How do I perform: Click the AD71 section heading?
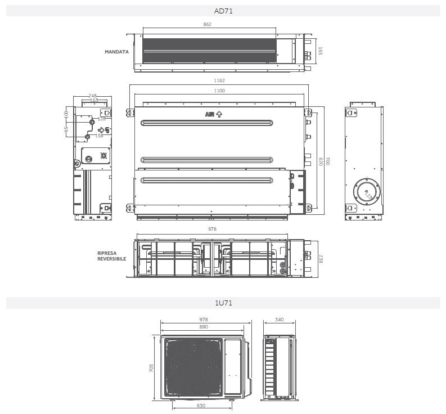pos(223,10)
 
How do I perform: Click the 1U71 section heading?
pos(223,303)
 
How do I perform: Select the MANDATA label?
pos(116,52)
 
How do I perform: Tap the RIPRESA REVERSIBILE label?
pos(111,256)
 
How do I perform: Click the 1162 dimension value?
pos(220,81)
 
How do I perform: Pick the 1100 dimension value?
pos(219,91)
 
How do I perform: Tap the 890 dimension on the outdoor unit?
pos(204,327)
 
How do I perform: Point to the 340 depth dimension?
pos(280,319)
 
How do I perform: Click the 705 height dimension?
pos(151,368)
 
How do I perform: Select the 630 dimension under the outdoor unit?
pos(201,406)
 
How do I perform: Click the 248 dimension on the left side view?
pos(93,96)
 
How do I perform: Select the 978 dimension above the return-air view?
pos(212,229)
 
